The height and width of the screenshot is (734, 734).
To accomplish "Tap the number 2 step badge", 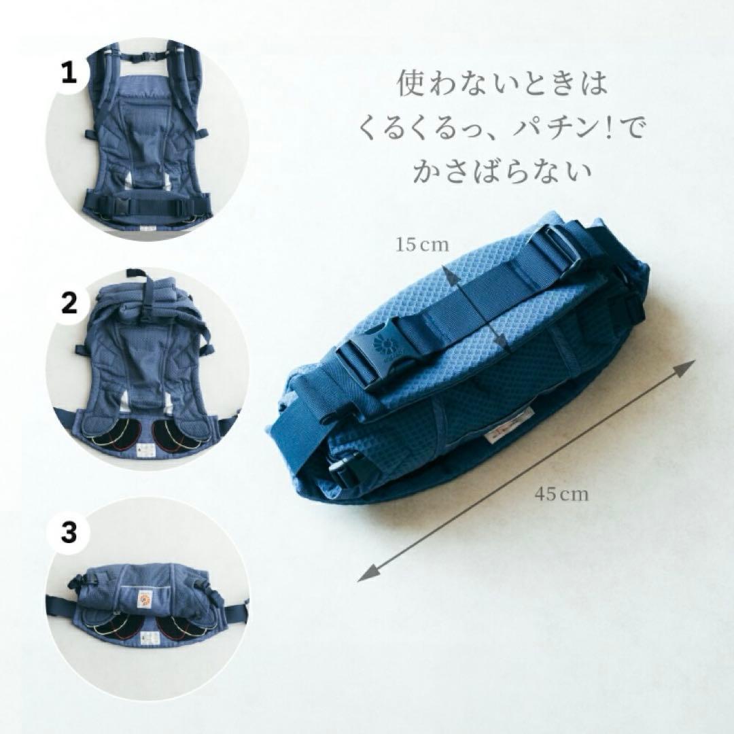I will (69, 304).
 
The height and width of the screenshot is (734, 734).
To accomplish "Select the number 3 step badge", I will (69, 532).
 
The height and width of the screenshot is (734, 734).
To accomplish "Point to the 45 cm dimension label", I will (561, 494).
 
